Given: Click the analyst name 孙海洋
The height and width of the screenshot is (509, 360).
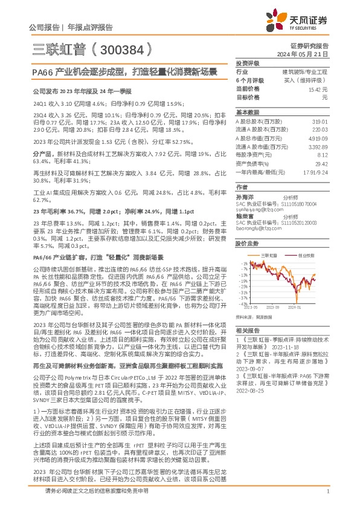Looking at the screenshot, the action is coord(245,197).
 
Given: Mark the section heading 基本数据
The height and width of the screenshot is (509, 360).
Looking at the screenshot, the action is coord(247,112).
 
